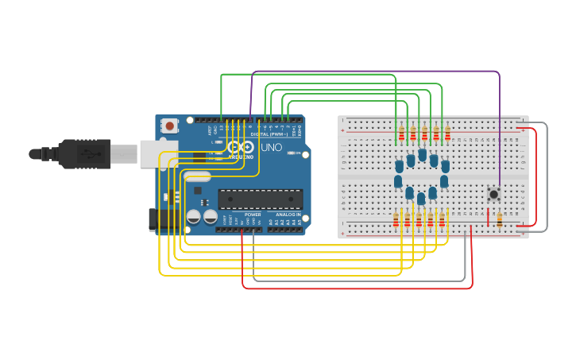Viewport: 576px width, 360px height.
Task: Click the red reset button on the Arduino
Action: (x=169, y=126)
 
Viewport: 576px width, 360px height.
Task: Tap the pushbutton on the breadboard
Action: (x=493, y=193)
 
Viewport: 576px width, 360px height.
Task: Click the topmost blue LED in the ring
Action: (x=422, y=154)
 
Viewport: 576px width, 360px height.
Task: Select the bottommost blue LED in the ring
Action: (x=421, y=198)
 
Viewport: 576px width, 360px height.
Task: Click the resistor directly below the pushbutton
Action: (x=499, y=219)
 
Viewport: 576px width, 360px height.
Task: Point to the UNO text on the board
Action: (x=271, y=147)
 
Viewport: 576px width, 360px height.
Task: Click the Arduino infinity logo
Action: (x=241, y=147)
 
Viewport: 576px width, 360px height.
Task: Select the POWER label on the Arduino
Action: (x=253, y=215)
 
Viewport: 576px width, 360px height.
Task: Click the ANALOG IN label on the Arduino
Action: (x=288, y=215)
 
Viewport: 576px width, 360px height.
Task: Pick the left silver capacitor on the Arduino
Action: (x=194, y=216)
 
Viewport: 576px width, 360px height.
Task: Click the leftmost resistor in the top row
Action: (x=401, y=134)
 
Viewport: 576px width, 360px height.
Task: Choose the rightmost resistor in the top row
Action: (x=447, y=134)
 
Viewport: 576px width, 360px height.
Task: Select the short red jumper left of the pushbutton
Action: (x=488, y=216)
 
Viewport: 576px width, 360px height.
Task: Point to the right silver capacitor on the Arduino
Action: (x=211, y=216)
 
